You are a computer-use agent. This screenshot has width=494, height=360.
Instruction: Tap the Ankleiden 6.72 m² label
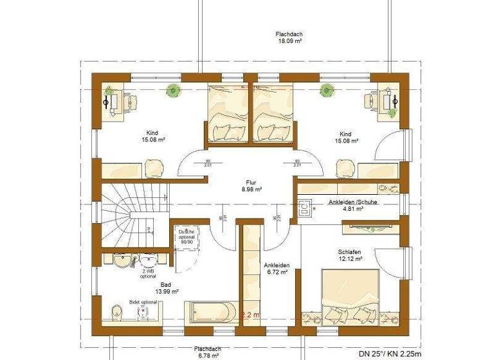click(277, 268)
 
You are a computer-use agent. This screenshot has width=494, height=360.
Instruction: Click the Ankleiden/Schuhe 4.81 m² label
click(352, 205)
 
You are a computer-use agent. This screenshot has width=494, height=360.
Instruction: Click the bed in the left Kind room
click(227, 113)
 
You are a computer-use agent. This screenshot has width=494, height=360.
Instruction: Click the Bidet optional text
click(143, 301)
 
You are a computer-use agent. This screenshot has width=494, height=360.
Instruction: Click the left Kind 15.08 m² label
click(152, 137)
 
